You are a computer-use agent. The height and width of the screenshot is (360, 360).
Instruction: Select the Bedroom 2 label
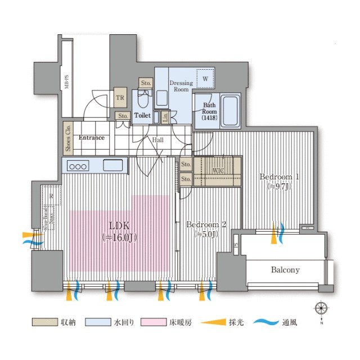pyautogui.click(x=206, y=225)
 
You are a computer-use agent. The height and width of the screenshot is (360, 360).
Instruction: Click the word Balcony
pyautogui.click(x=285, y=270)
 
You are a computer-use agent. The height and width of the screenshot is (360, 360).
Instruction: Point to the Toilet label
pyautogui.click(x=143, y=115)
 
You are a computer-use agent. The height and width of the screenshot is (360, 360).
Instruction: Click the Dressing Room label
pyautogui.click(x=181, y=86)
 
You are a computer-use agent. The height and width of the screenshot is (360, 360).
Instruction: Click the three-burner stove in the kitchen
pyautogui.click(x=79, y=166)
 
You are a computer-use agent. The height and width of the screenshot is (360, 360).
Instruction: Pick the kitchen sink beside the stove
pyautogui.click(x=112, y=166)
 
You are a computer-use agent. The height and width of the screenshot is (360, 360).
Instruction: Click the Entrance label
pyautogui.click(x=92, y=137)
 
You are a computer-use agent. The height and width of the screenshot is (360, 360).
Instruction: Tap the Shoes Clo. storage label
pyautogui.click(x=68, y=138)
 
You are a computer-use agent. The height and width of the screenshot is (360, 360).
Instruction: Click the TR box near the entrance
pyautogui.click(x=120, y=97)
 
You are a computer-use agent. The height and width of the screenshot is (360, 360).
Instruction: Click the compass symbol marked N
pyautogui.click(x=321, y=309)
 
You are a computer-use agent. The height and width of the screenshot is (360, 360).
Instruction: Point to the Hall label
pyautogui.click(x=157, y=140)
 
